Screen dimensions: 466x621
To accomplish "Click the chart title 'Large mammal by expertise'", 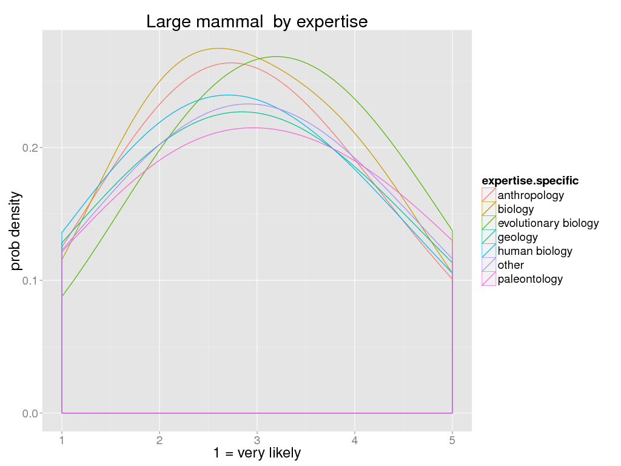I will [257, 22].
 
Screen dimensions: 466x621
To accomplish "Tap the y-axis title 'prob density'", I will [16, 231].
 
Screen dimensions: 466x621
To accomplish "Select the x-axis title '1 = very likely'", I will [257, 453].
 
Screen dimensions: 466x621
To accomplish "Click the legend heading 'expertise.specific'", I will [530, 181].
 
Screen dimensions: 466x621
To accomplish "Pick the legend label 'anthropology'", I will [531, 195].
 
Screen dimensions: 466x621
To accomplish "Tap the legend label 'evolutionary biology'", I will [548, 223].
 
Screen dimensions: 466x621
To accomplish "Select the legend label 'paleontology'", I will [530, 279].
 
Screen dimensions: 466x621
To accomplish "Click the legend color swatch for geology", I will [489, 237].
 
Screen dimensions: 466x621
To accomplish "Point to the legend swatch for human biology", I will [489, 251].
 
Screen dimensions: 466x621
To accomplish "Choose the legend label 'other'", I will [511, 265].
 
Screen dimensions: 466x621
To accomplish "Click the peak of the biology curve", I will [218, 49].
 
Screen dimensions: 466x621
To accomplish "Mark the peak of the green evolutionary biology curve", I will [277, 56].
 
